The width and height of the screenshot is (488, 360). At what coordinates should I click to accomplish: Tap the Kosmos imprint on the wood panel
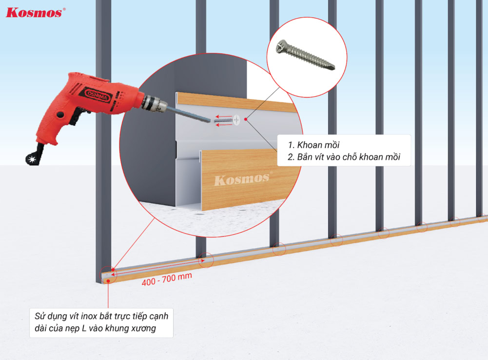[241, 179]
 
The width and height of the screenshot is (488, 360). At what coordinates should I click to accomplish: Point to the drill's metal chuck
[155, 103]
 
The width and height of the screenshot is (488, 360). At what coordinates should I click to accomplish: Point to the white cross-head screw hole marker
[236, 119]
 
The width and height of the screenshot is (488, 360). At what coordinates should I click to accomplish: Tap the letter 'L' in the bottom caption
[84, 328]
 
